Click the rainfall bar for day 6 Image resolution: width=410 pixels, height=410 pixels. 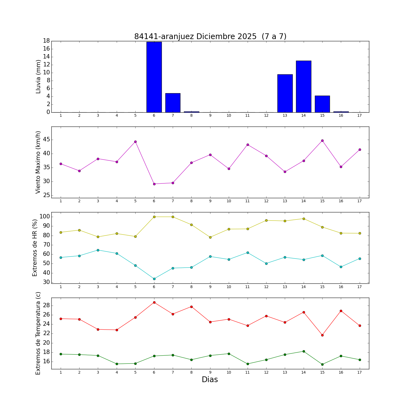point(154,77)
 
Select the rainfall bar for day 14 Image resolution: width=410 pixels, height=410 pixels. point(304,86)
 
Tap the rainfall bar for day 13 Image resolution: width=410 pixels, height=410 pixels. point(285,93)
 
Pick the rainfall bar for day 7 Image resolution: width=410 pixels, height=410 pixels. point(173,103)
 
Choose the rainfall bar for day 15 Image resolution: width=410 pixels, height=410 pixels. point(322,104)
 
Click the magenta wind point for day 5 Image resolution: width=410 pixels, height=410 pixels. point(135,142)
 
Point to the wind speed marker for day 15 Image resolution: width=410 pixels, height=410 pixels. point(322,140)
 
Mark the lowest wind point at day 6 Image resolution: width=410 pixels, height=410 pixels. point(154,184)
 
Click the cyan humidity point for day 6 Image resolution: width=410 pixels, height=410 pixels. point(154,279)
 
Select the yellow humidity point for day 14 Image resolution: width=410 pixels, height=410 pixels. point(304,219)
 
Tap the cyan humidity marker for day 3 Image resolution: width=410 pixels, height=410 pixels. point(98,250)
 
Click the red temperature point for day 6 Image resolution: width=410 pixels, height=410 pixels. point(154,302)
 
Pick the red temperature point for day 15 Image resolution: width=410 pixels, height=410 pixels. point(322,335)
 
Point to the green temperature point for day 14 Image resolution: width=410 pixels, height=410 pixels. point(304,351)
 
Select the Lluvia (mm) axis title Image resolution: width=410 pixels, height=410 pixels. point(38,77)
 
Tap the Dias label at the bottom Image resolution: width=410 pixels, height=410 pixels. point(210,380)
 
